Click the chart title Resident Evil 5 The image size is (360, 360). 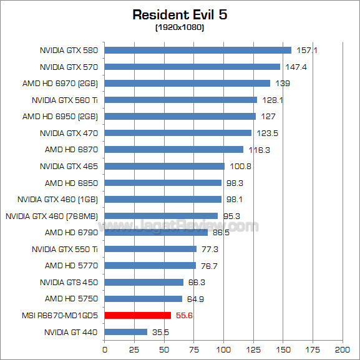(180, 14)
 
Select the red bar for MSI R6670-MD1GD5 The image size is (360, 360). (137, 315)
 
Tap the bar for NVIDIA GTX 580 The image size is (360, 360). (198, 50)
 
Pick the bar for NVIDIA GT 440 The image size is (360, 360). (126, 332)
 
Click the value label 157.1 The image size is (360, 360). (305, 51)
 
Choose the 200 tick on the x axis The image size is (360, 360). (342, 348)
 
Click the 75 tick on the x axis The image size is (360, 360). (194, 348)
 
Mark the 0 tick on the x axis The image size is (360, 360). (105, 348)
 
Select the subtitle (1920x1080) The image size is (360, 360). (180, 27)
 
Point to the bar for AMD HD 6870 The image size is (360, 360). (174, 149)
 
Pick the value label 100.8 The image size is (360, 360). (238, 167)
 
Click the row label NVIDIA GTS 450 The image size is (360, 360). (69, 282)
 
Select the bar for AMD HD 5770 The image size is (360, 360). (150, 265)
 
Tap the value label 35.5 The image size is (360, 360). (161, 333)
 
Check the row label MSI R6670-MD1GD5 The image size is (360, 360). (54, 315)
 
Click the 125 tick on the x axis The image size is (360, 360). (253, 348)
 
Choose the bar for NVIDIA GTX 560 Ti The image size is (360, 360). (181, 100)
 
